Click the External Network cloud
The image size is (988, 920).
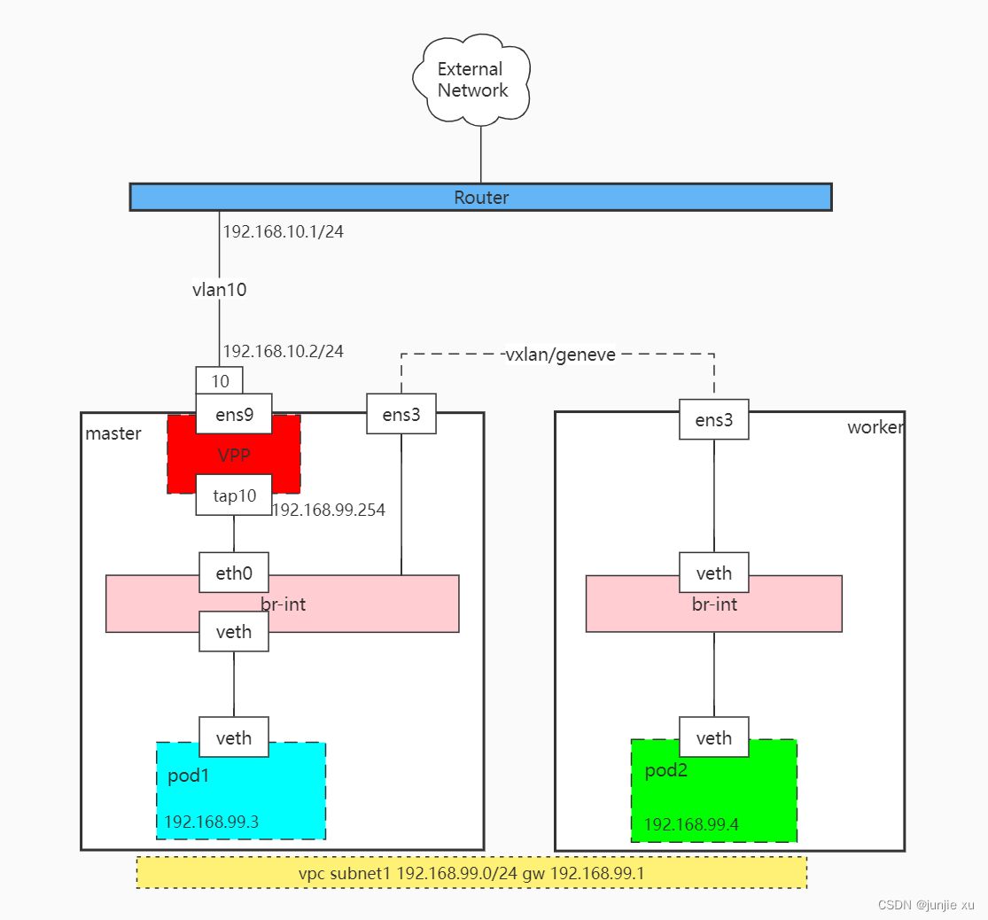(x=472, y=80)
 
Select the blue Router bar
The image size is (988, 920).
(x=480, y=197)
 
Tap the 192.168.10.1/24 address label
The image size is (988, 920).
(x=283, y=232)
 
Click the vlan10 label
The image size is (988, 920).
(x=220, y=290)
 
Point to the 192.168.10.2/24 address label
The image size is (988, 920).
(x=283, y=351)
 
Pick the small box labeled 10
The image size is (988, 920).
(x=220, y=381)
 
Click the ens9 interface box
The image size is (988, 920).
(x=234, y=414)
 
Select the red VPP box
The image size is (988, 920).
(x=234, y=456)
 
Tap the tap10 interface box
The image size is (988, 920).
(x=234, y=496)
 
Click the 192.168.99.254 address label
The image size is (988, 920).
(x=328, y=511)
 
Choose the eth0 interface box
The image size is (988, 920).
(x=234, y=573)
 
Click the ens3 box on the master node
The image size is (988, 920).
(x=401, y=415)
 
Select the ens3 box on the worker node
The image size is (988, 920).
(x=714, y=419)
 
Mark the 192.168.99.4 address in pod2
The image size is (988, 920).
(x=691, y=825)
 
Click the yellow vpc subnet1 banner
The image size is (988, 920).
(x=471, y=872)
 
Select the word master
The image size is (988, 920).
(x=113, y=433)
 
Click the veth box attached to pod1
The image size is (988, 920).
(x=234, y=737)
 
